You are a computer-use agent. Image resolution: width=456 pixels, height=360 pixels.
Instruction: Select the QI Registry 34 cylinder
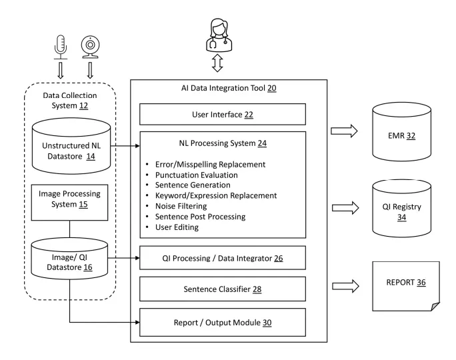point(399,208)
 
